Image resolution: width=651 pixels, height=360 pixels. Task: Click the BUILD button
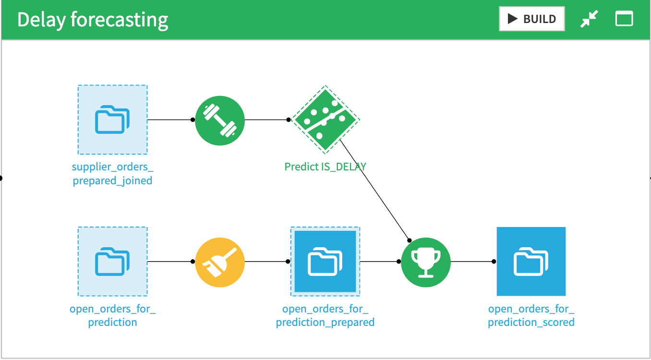click(x=531, y=19)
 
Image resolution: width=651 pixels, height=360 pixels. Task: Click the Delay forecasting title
click(x=93, y=20)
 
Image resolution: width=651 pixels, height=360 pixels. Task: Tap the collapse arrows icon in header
click(x=589, y=19)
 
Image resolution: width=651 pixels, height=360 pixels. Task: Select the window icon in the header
click(x=624, y=19)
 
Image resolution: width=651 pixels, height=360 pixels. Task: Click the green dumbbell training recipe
click(x=220, y=120)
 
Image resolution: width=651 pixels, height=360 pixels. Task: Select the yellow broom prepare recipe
click(x=220, y=262)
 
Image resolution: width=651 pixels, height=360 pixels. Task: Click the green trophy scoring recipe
click(x=426, y=262)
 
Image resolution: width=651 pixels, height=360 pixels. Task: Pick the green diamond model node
click(x=325, y=120)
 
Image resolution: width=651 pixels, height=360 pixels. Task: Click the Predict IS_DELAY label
click(x=325, y=167)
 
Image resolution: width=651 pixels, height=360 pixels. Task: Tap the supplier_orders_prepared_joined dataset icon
click(x=112, y=120)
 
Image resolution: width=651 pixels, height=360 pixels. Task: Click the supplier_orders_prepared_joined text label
click(x=112, y=174)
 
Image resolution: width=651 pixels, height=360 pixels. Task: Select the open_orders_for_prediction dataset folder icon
click(x=112, y=262)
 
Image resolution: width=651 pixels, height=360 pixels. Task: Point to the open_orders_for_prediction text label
click(x=112, y=315)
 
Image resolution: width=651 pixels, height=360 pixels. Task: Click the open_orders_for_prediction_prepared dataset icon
click(x=325, y=262)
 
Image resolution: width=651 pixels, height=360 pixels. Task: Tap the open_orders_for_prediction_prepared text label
click(x=325, y=315)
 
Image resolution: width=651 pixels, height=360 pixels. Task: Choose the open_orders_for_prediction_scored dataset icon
click(x=531, y=262)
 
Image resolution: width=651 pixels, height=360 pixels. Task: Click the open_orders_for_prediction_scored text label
click(x=531, y=315)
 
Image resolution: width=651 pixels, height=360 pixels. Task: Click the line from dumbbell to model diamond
click(x=266, y=120)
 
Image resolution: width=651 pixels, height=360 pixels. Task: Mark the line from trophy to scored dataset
click(x=472, y=262)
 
